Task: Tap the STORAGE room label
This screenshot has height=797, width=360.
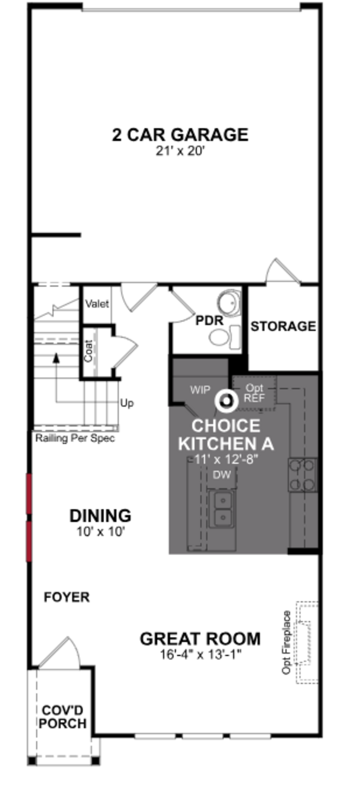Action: coord(283,326)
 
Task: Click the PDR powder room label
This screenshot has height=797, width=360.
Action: coord(209,320)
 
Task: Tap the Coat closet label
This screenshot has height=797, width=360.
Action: coord(88,351)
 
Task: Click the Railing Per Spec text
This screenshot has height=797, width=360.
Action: coord(75,438)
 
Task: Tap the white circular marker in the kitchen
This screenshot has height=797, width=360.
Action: coord(226,401)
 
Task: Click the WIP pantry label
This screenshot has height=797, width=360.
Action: coord(200,390)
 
